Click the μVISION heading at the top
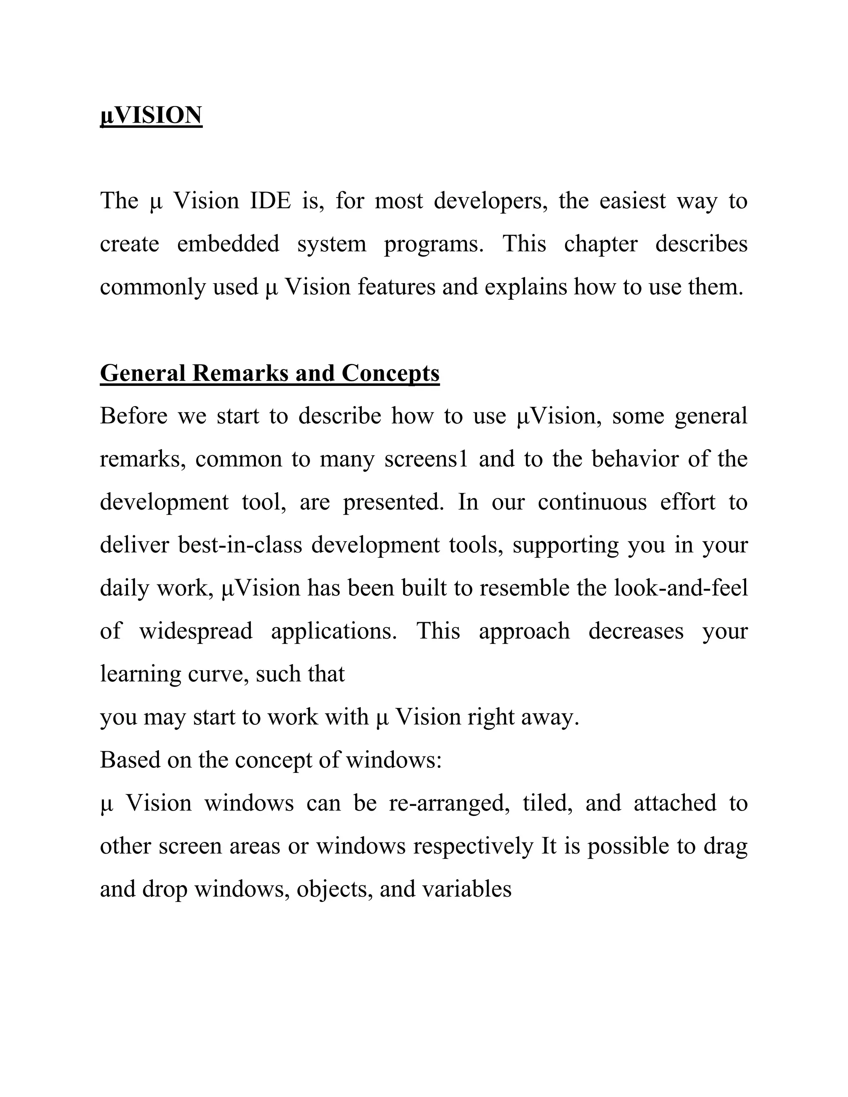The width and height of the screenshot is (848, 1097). click(151, 115)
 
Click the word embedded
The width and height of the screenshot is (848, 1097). click(228, 245)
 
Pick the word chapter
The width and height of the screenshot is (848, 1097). click(600, 245)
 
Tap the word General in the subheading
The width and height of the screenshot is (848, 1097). click(143, 373)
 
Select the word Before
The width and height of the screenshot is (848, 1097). click(134, 416)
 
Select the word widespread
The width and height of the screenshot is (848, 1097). click(196, 631)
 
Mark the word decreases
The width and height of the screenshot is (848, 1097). click(636, 631)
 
